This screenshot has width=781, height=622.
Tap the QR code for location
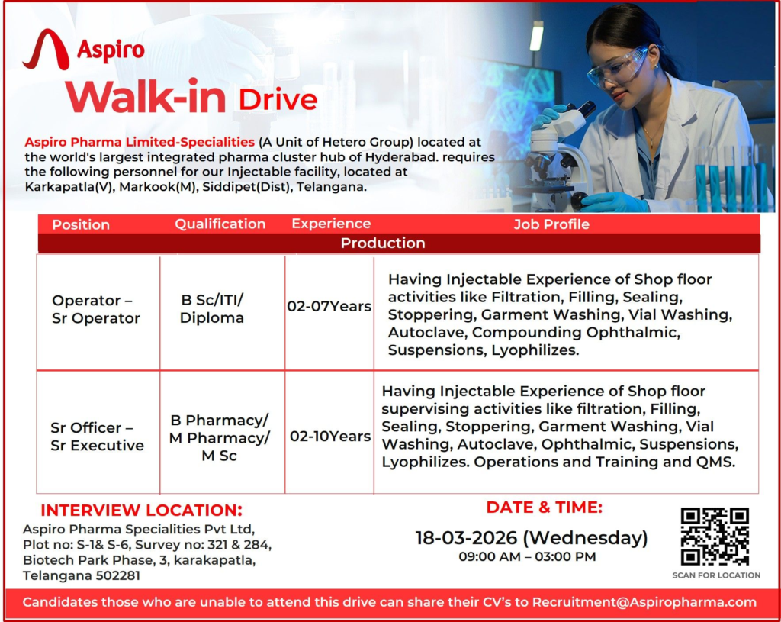click(715, 537)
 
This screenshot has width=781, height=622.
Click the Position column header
click(81, 224)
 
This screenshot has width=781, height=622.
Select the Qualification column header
click(220, 224)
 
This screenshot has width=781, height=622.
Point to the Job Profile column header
click(551, 224)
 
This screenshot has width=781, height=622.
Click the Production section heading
click(383, 243)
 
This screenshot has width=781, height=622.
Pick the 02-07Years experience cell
click(329, 307)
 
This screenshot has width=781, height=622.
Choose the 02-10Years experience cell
click(330, 437)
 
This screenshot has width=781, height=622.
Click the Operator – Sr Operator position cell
click(96, 310)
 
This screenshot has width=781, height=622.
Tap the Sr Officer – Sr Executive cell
click(97, 437)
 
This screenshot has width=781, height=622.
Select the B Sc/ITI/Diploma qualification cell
click(212, 309)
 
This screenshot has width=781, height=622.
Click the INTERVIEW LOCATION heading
click(141, 511)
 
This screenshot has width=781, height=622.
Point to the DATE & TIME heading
click(545, 507)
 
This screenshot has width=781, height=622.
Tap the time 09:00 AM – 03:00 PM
click(527, 557)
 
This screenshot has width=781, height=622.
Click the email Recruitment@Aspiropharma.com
click(644, 602)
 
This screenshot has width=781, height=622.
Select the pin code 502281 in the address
click(119, 576)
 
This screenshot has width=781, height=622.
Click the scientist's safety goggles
click(618, 67)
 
